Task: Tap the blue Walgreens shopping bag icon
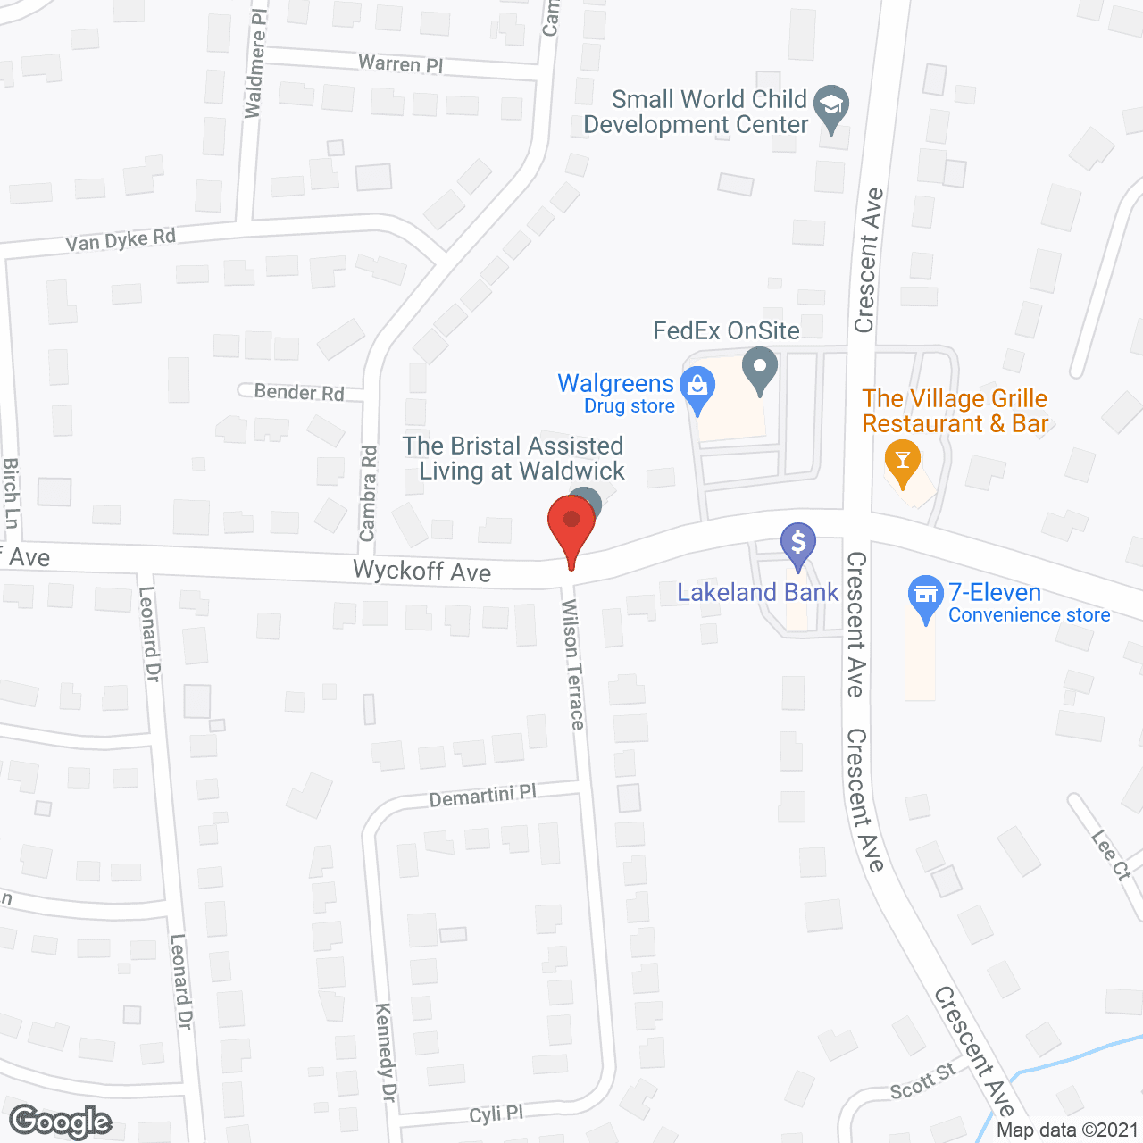click(697, 388)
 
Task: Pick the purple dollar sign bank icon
click(798, 542)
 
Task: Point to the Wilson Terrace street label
click(573, 663)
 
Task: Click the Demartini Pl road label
click(482, 795)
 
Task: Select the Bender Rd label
click(299, 392)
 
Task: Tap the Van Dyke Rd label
click(121, 240)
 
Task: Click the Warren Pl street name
click(401, 64)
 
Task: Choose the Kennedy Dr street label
click(385, 1052)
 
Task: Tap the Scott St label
click(922, 1081)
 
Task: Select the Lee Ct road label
click(1111, 855)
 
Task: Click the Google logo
click(61, 1122)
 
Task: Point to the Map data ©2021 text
click(1067, 1130)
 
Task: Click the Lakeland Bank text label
click(757, 592)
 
